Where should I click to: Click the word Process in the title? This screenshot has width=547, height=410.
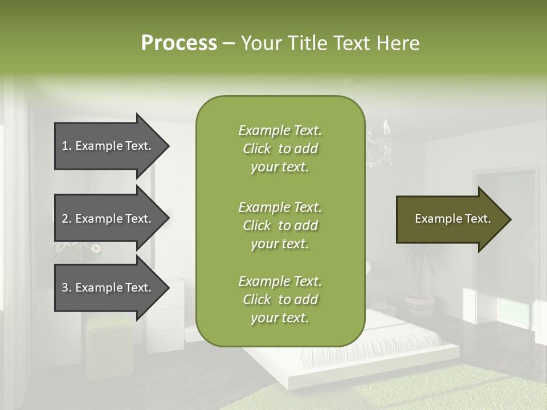(179, 43)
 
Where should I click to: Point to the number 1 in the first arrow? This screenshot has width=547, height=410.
(65, 146)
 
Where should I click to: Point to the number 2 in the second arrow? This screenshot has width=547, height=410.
(65, 219)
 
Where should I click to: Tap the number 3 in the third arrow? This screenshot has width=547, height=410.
(65, 288)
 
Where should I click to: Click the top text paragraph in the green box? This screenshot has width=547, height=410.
(280, 149)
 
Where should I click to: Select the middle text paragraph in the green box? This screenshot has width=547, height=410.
(280, 225)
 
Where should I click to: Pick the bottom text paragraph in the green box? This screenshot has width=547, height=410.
(280, 300)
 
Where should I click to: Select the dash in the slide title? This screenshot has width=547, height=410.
(228, 43)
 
